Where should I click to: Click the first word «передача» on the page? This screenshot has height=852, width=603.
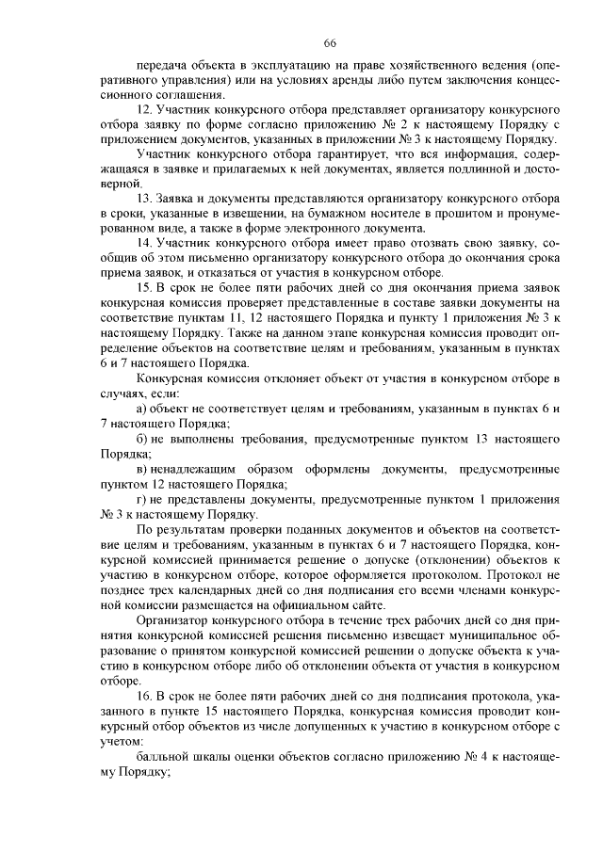[x=162, y=69]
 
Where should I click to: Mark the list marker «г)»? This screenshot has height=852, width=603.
[x=141, y=500]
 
